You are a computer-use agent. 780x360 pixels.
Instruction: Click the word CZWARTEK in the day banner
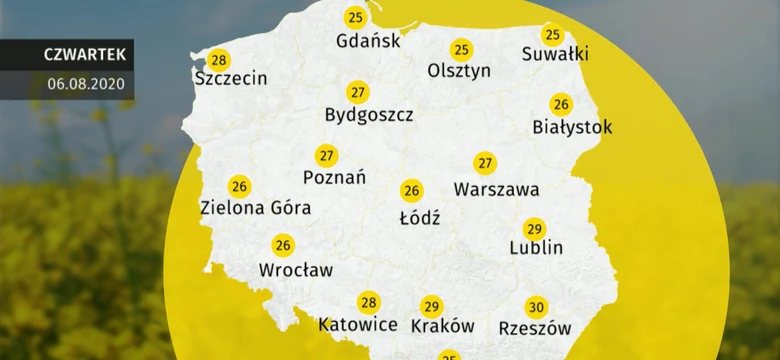point(84,54)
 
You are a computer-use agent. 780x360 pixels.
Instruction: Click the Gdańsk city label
point(369,41)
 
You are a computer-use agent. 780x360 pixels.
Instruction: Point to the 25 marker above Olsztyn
point(461,49)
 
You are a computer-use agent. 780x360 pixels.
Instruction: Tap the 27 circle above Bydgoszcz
point(357,93)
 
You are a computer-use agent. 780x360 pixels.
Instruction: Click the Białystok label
point(573,127)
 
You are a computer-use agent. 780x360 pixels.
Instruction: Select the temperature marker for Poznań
point(326,156)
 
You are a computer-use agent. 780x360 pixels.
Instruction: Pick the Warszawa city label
point(496,188)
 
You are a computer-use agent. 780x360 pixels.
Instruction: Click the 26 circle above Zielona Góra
point(239,186)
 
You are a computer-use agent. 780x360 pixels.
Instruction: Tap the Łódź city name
point(419,216)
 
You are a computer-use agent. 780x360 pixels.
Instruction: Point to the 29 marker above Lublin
point(535,228)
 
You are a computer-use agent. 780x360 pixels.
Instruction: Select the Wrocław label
point(296,269)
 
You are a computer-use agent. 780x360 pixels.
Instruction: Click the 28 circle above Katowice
point(368,303)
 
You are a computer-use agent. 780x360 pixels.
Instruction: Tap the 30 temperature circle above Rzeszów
point(536,307)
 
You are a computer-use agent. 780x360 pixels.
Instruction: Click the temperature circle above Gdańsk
point(355,17)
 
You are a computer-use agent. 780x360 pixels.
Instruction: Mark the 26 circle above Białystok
point(561,104)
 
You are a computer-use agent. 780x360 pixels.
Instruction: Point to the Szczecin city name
point(232,78)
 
